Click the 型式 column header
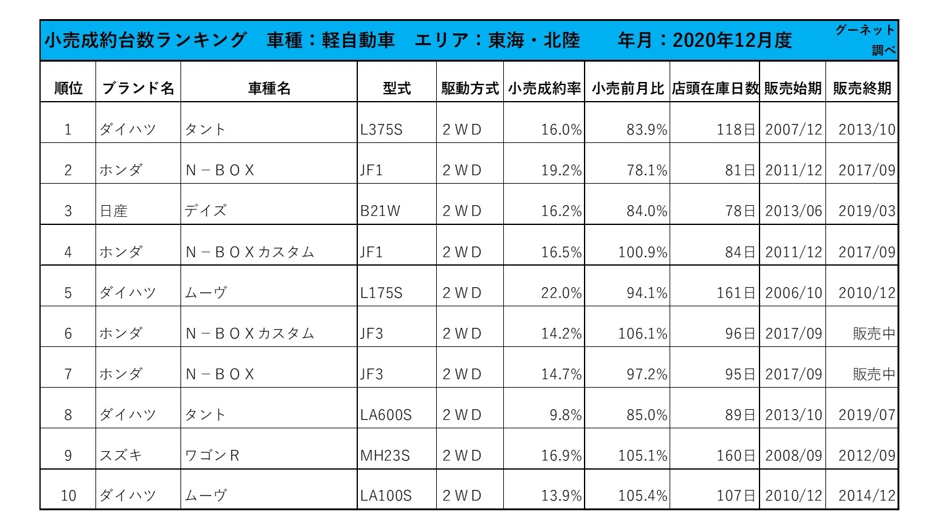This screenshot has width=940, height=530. click(397, 88)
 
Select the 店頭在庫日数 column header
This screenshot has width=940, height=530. click(715, 88)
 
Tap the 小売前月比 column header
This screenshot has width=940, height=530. click(628, 88)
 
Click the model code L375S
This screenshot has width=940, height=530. click(381, 129)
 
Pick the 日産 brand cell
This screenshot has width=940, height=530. click(113, 211)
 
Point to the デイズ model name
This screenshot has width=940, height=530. click(206, 210)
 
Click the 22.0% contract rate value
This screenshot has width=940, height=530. click(561, 293)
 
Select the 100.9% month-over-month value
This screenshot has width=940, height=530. click(642, 252)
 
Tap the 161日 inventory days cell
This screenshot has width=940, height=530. click(735, 293)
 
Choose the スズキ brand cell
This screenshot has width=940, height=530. click(121, 455)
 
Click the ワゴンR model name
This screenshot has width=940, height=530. click(212, 455)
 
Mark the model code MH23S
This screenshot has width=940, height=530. click(385, 455)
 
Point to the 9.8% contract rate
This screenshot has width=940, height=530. click(565, 415)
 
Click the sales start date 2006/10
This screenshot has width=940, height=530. click(793, 293)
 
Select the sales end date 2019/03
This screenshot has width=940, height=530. click(867, 211)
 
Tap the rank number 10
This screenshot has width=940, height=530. click(68, 495)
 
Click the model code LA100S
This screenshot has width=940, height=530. click(386, 495)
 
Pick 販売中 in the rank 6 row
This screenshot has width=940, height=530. click(874, 333)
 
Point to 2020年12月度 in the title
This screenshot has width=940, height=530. click(732, 40)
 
